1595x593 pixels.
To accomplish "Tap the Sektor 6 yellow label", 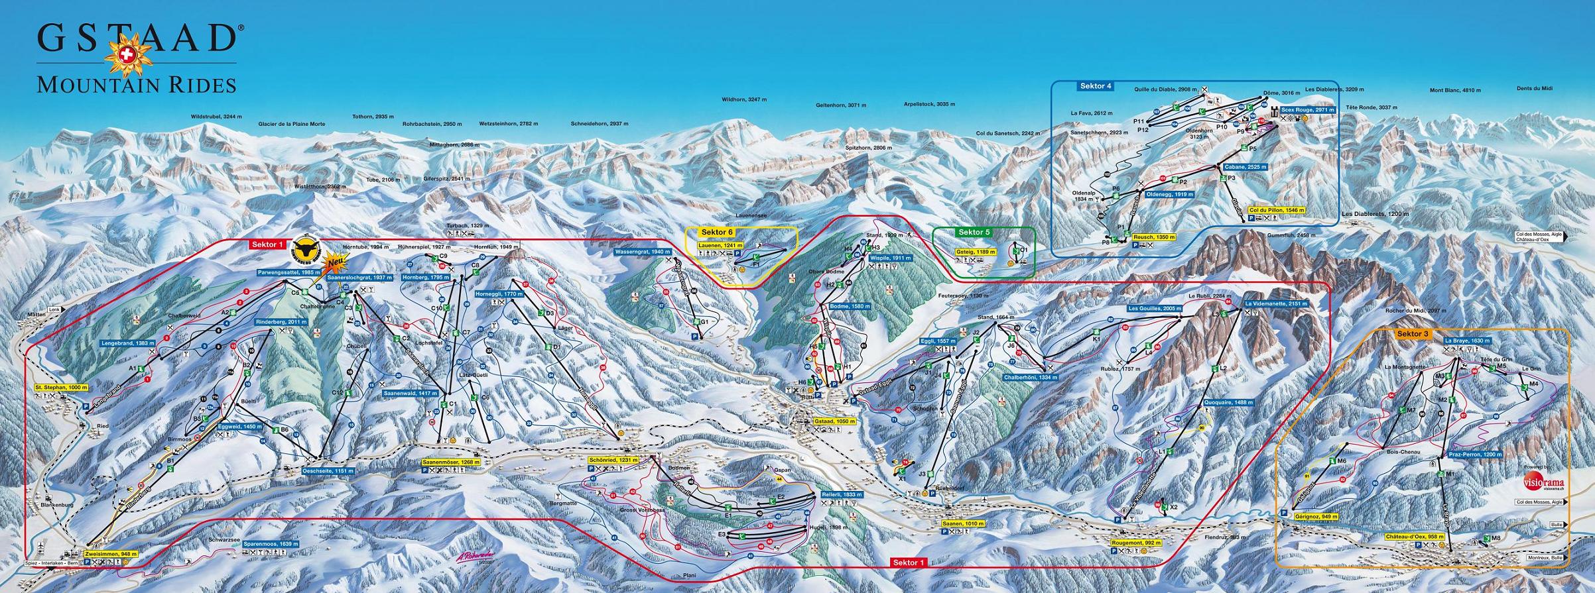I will [x=717, y=233].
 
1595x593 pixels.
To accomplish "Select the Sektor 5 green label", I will [x=973, y=233].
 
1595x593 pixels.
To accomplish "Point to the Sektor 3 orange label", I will [x=1413, y=334].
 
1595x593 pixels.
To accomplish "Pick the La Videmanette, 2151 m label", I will [x=1276, y=303].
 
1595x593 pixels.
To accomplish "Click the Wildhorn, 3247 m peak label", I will [x=744, y=99].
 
